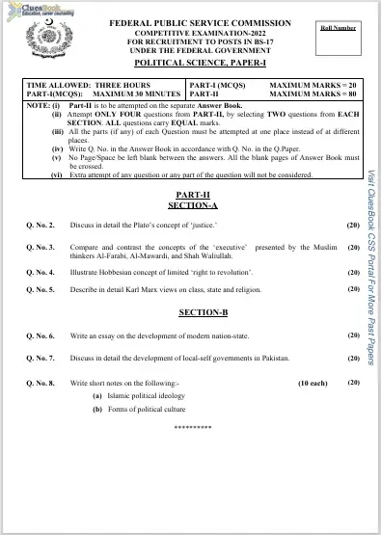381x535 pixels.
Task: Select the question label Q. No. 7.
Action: click(41, 357)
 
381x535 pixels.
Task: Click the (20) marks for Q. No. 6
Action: click(353, 335)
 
